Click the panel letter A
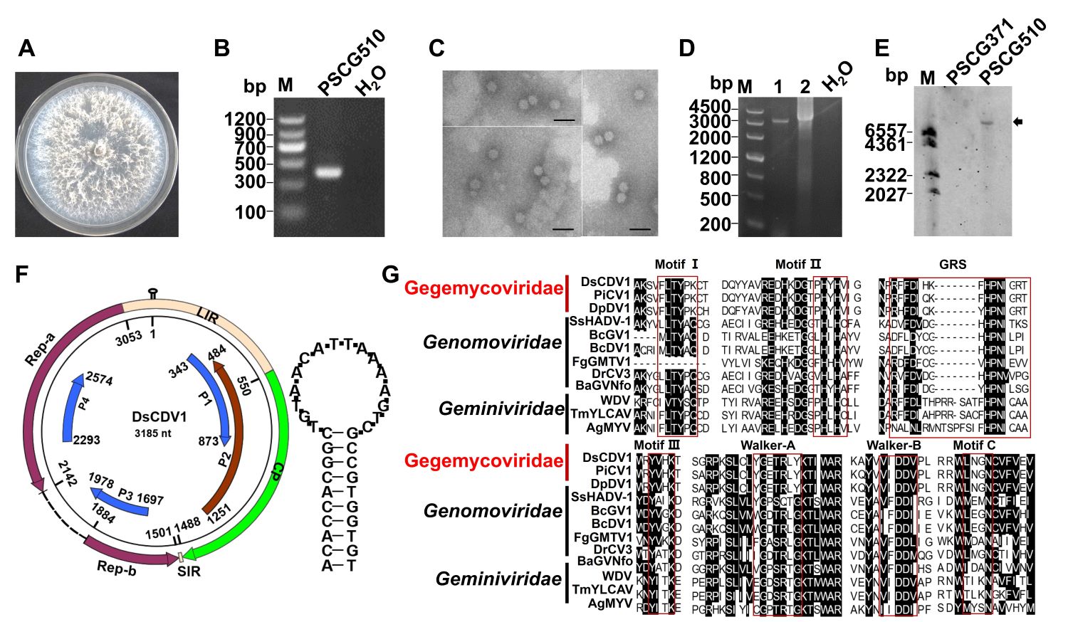click(26, 48)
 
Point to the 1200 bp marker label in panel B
click(244, 119)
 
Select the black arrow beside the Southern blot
click(1018, 122)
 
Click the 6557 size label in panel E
click(885, 131)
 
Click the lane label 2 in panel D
click(805, 87)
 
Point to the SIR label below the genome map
click(189, 571)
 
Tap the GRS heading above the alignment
click(952, 265)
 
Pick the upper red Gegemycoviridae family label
click(483, 288)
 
